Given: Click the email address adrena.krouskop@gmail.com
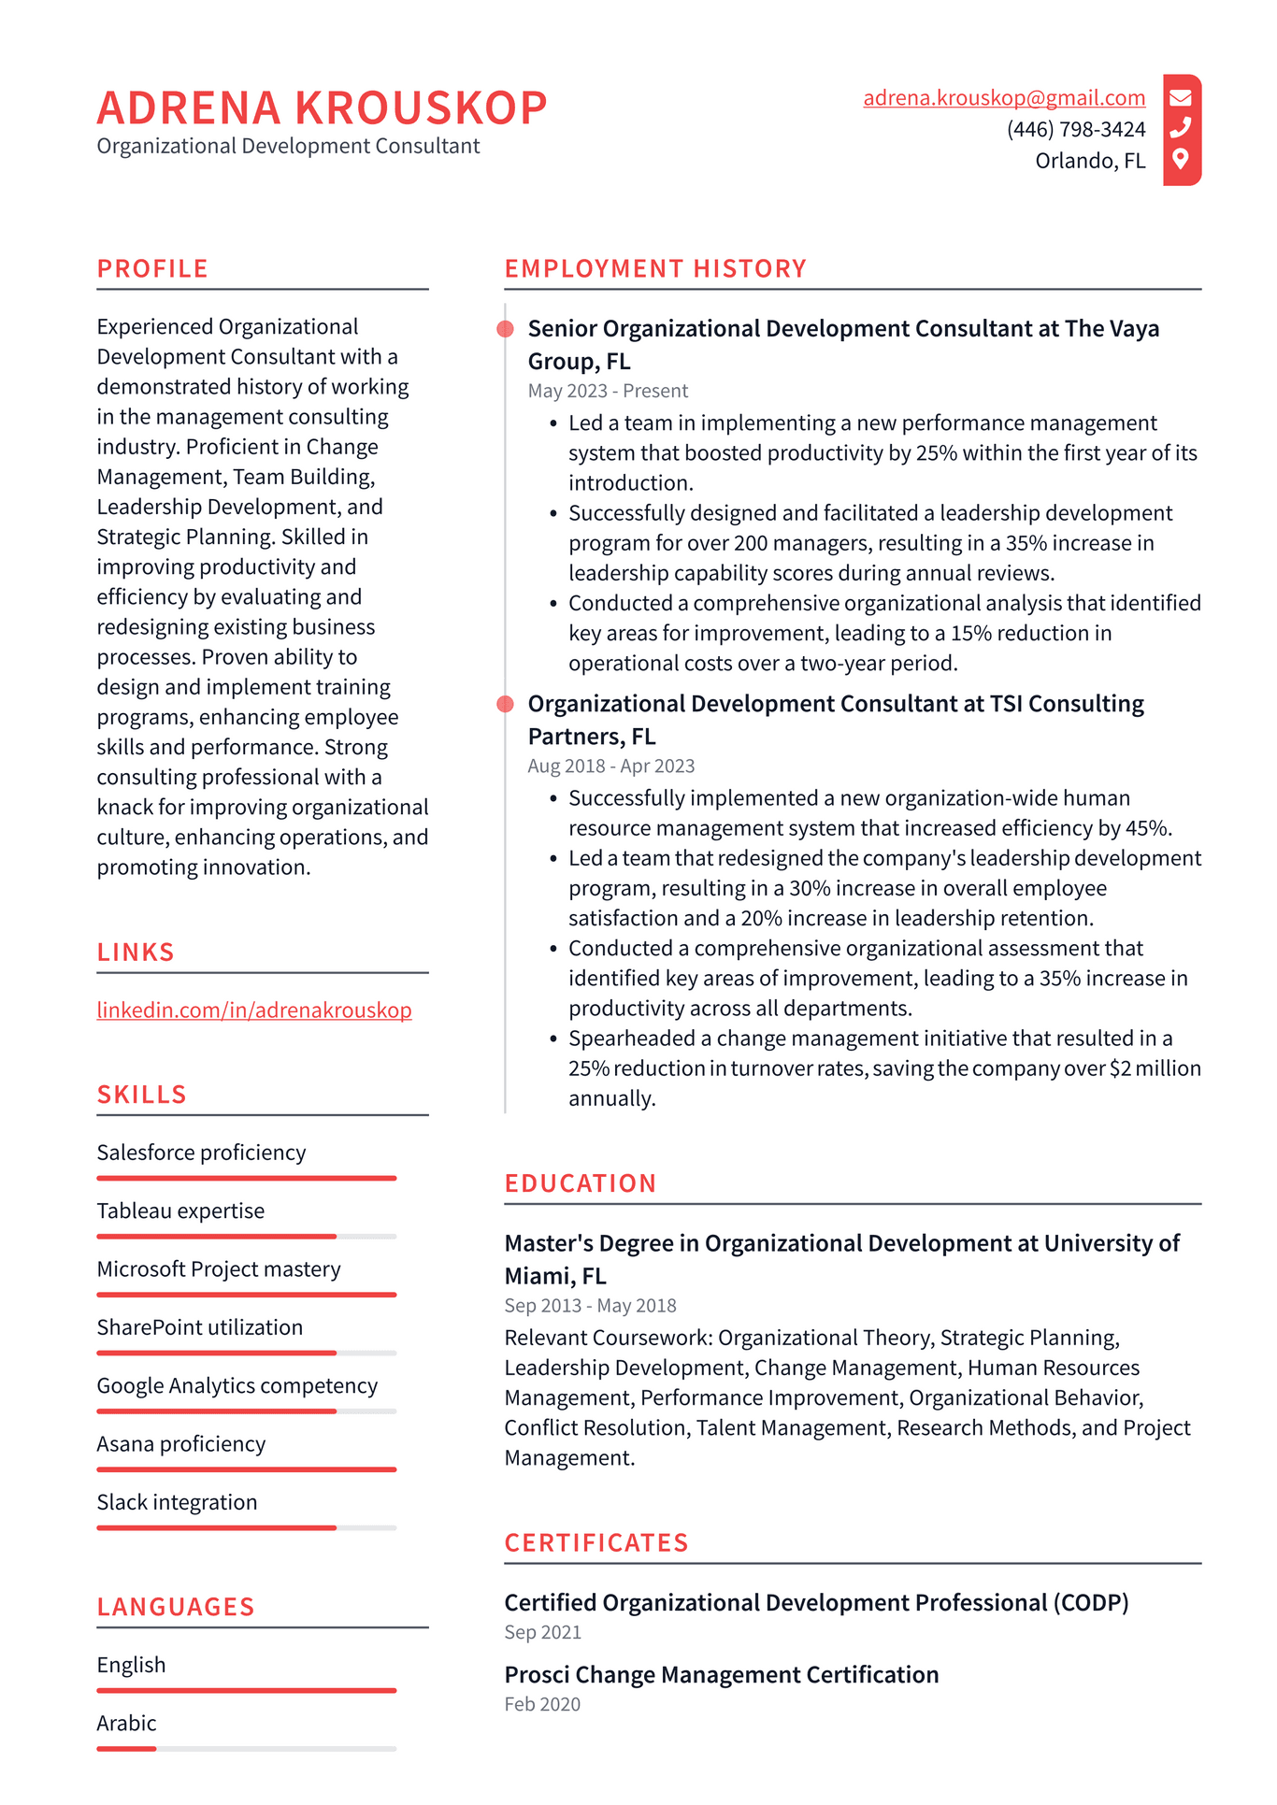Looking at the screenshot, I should point(1003,98).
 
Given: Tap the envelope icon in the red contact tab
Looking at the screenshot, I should point(1181,97).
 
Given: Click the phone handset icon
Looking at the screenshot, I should point(1181,127).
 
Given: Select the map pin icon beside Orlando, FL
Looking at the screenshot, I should point(1181,159).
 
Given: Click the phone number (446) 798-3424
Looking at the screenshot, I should point(1075,129).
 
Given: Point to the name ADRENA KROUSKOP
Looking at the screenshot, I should point(322,107).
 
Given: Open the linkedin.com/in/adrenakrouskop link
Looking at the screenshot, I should point(254,1010).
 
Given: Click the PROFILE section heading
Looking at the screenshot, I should point(152,268).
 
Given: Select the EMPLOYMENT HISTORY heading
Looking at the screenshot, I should point(655,268).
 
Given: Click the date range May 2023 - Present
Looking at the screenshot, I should point(608,391).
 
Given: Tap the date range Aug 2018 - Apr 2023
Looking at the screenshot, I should point(611,766).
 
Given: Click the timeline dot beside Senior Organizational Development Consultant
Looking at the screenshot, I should point(506,329).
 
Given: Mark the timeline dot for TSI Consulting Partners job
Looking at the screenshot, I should point(506,704).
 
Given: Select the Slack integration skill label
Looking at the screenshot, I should point(177,1502).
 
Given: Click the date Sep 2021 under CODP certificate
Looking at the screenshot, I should point(542,1632).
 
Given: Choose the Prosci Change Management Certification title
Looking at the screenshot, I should point(721,1674).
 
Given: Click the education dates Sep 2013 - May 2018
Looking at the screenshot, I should point(590,1306).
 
